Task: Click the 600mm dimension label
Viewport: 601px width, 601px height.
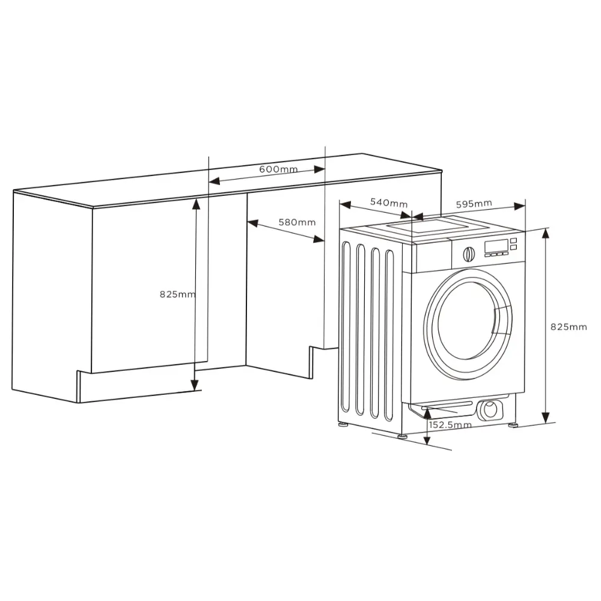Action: tap(278, 169)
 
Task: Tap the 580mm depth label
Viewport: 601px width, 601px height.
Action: tap(296, 222)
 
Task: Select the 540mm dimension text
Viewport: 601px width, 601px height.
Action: tap(388, 203)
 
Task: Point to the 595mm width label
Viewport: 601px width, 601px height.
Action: tap(474, 204)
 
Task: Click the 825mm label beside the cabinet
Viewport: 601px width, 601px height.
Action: tap(177, 294)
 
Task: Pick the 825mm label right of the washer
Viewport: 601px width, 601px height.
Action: tap(569, 326)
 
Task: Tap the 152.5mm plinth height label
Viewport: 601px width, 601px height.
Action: tap(450, 425)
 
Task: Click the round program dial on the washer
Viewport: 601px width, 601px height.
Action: tap(469, 254)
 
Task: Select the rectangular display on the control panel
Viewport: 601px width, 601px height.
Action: tap(496, 245)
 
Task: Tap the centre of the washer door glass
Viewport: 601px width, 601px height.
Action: tap(466, 322)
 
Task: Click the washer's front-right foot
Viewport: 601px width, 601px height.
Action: tap(513, 425)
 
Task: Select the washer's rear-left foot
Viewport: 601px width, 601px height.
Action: tap(343, 424)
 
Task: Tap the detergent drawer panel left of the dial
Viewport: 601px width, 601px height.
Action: tap(433, 257)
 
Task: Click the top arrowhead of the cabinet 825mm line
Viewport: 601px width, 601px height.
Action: tap(195, 203)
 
